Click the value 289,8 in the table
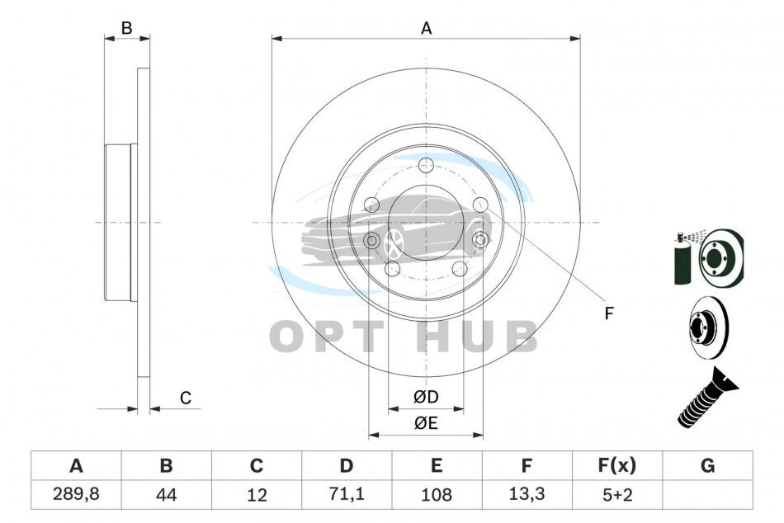(x=76, y=494)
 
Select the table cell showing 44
(x=166, y=495)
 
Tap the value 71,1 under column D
(x=347, y=494)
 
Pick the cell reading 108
(x=437, y=495)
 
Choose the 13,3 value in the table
(x=527, y=494)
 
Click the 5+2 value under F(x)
(x=617, y=495)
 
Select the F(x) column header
(x=617, y=465)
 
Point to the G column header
(x=707, y=465)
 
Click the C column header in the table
(x=256, y=465)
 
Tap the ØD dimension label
(x=426, y=397)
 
